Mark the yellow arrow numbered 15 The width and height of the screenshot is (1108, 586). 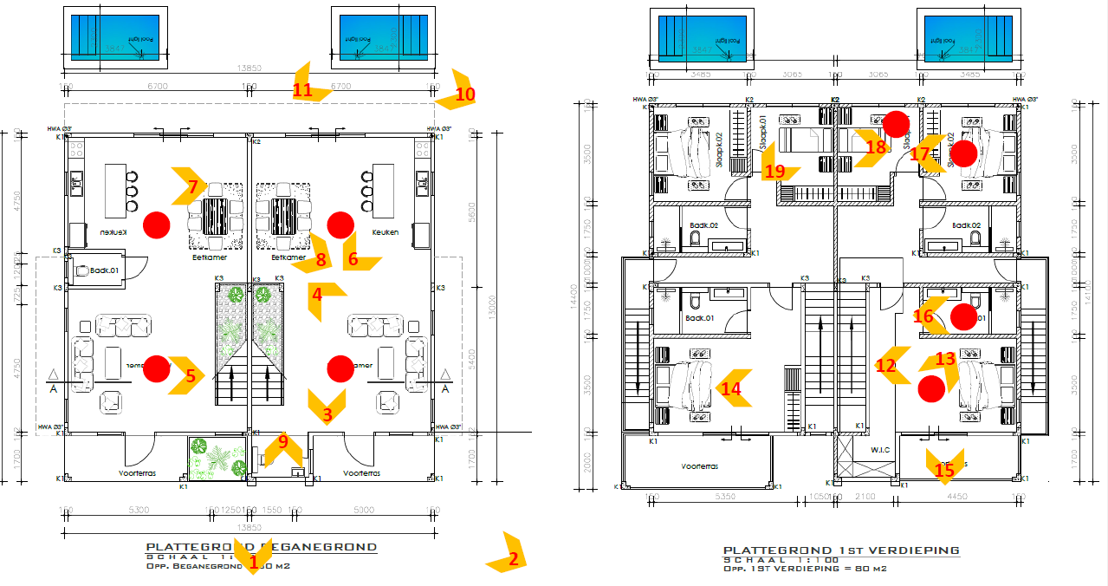pos(943,466)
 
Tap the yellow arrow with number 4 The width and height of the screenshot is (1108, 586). pos(318,297)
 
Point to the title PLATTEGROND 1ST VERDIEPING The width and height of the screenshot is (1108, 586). pos(840,550)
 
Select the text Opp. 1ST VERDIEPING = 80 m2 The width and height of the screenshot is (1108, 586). pos(807,569)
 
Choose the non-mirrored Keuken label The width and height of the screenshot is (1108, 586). pos(386,232)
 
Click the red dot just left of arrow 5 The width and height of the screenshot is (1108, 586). pos(156,368)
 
